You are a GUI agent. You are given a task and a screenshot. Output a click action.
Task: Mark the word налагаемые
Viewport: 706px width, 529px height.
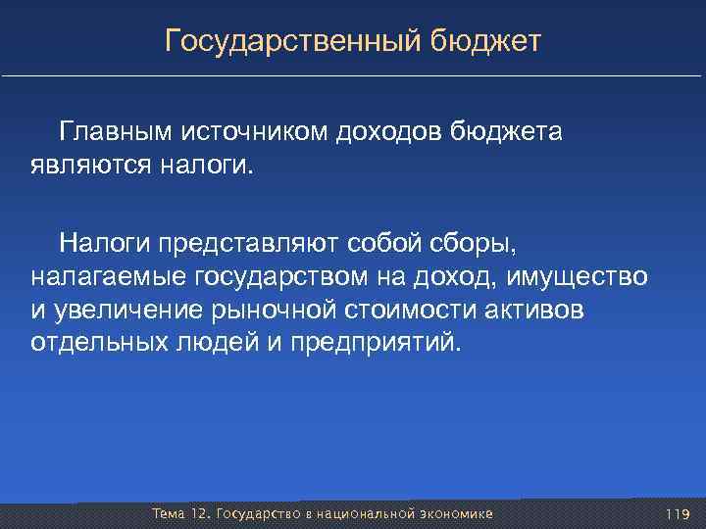[108, 276]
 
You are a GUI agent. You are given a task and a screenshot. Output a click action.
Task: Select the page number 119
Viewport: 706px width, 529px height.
[677, 514]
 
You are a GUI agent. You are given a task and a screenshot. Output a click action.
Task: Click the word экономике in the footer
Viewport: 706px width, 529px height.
[455, 514]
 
